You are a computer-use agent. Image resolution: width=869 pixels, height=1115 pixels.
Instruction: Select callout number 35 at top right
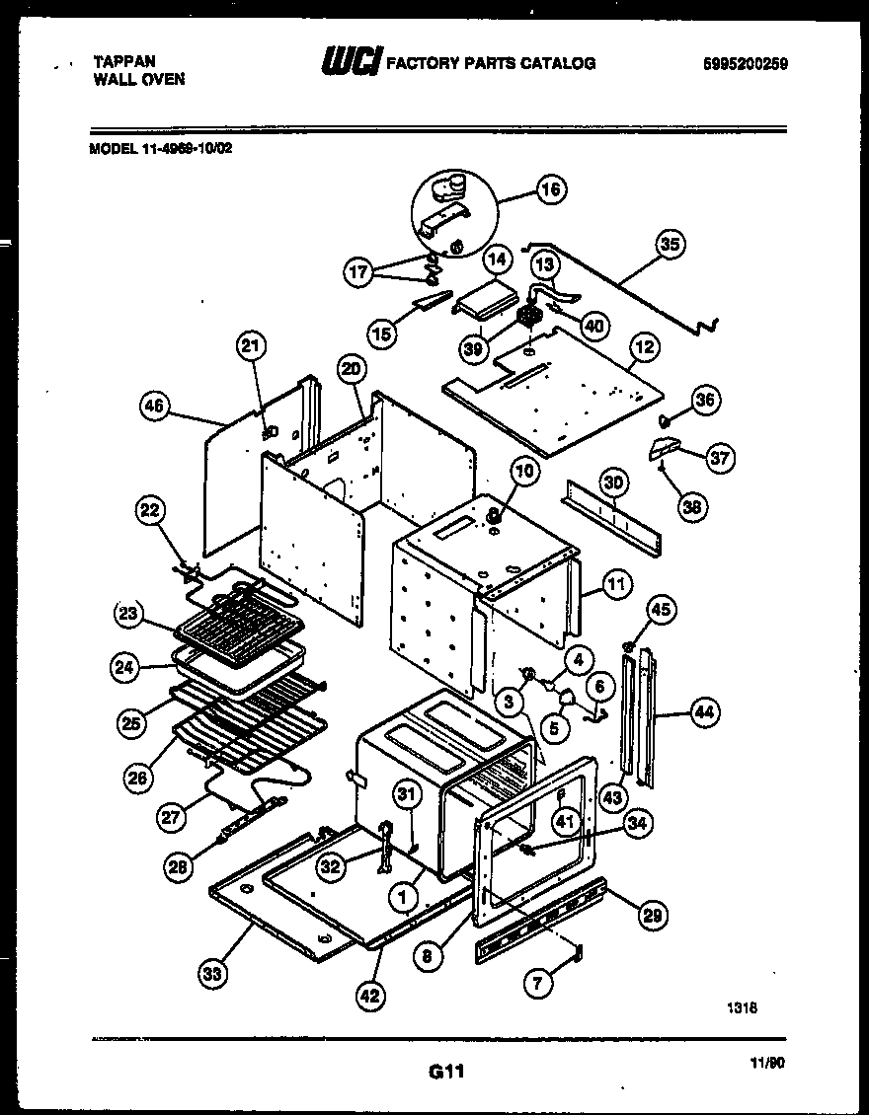(671, 245)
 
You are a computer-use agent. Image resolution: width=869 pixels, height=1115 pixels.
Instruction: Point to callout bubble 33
(212, 974)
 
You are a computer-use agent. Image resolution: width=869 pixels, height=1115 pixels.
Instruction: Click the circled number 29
(651, 916)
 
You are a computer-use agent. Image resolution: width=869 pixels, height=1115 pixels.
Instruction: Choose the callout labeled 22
(149, 510)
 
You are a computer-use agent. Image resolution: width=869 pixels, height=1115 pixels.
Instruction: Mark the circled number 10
(523, 472)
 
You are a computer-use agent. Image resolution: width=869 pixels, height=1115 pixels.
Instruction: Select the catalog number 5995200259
(746, 64)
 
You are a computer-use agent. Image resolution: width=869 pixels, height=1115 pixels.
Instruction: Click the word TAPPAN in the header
(123, 61)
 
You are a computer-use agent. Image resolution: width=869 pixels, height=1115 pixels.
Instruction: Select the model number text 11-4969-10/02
(184, 150)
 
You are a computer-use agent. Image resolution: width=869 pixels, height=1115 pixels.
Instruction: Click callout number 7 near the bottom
(537, 982)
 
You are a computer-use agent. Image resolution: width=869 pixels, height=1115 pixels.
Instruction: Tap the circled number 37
(720, 457)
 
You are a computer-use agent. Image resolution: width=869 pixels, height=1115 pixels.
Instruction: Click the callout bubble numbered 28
(177, 867)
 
